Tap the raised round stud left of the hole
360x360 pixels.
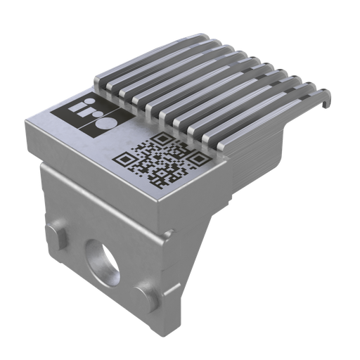(58, 233)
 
